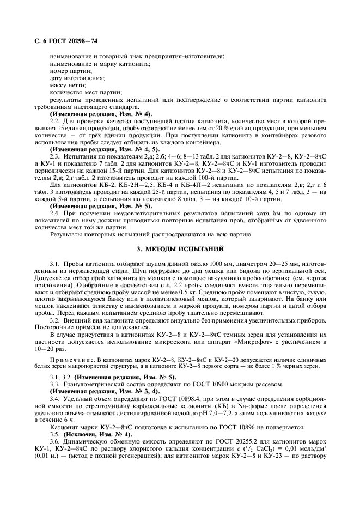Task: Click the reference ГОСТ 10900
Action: click(204, 384)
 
